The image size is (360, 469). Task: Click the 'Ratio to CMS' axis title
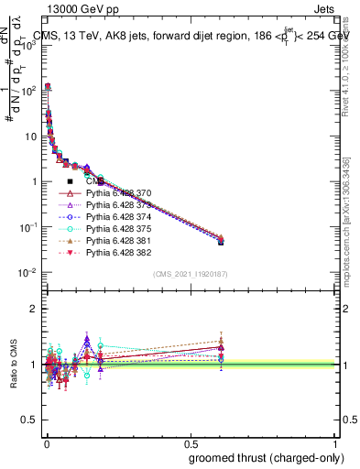pos(13,364)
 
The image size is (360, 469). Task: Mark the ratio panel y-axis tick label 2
pos(34,309)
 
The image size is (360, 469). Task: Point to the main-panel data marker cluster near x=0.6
pos(221,240)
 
